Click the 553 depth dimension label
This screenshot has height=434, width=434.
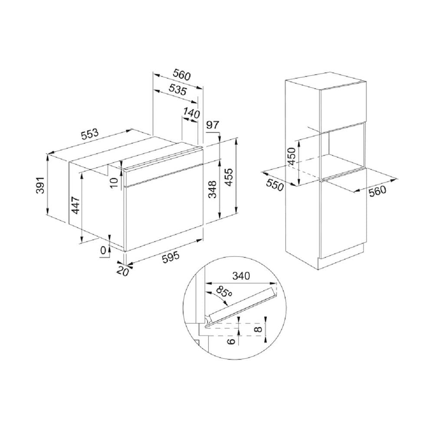[90, 134]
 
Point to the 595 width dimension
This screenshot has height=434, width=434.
[171, 258]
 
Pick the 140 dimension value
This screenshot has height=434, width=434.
[191, 113]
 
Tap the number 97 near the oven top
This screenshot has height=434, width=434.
[213, 125]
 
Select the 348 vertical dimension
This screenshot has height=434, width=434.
[212, 190]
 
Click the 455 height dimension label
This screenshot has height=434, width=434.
[229, 177]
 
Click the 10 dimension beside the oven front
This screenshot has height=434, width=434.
[114, 182]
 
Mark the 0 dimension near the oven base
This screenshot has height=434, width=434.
[103, 250]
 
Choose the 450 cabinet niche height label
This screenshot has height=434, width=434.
[292, 156]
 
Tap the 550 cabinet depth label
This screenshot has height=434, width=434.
[275, 185]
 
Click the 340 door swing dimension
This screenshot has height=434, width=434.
[241, 276]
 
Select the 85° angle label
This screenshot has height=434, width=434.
[224, 292]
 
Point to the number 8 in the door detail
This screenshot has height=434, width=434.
[258, 329]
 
